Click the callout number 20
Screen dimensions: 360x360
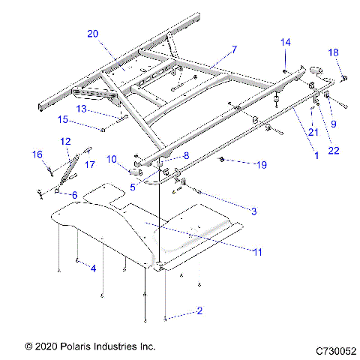click(92, 33)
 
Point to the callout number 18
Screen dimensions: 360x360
click(334, 52)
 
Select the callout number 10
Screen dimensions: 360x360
click(112, 159)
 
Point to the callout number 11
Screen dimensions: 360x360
click(256, 253)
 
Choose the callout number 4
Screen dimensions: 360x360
click(92, 267)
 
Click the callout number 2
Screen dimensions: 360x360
click(199, 310)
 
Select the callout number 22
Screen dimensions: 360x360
click(334, 150)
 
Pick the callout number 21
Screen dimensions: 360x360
click(313, 133)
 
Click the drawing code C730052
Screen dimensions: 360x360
click(335, 349)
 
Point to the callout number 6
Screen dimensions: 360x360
click(74, 195)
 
